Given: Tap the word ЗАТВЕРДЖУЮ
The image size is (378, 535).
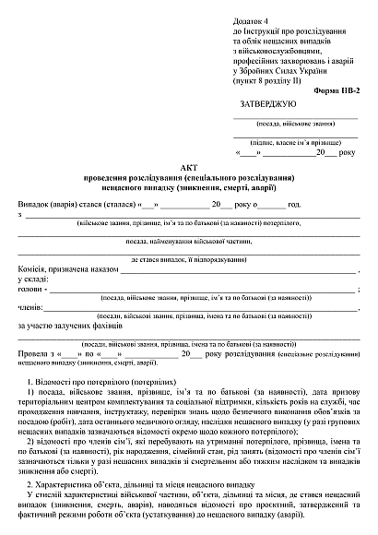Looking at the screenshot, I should pyautogui.click(x=266, y=104).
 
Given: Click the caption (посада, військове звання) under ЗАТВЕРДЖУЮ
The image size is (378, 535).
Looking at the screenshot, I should pyautogui.click(x=293, y=123).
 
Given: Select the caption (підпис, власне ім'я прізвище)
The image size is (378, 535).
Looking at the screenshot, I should pyautogui.click(x=293, y=142).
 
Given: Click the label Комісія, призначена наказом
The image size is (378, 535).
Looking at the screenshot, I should pyautogui.click(x=64, y=269).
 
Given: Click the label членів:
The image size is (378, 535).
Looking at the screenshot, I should pyautogui.click(x=31, y=307).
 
